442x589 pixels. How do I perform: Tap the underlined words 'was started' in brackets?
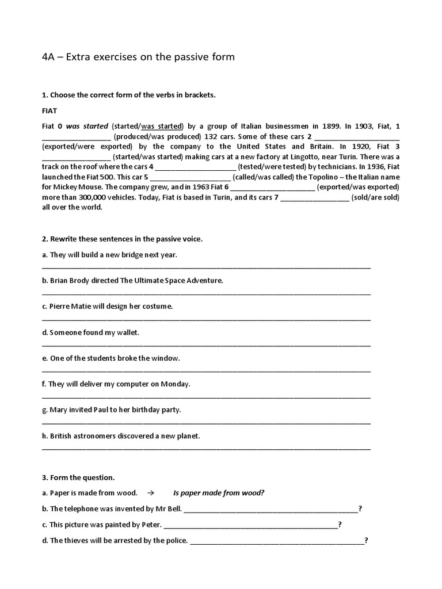coord(162,126)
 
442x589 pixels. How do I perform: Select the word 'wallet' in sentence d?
coord(128,332)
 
